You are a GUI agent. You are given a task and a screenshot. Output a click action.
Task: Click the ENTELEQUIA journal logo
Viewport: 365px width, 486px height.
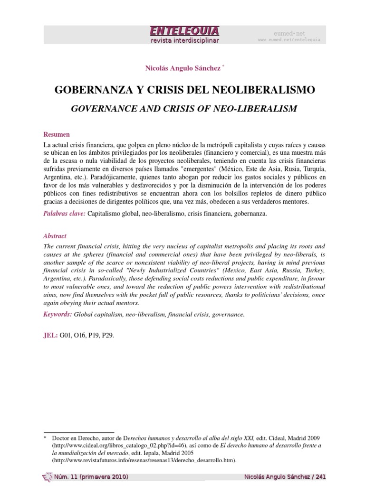184,31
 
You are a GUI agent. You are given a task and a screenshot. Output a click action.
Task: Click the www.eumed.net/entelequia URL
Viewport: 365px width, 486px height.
289,40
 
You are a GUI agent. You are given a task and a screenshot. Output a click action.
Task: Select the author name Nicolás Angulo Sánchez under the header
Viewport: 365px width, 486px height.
182,69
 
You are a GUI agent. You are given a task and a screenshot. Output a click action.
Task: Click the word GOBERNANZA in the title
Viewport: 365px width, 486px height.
90,91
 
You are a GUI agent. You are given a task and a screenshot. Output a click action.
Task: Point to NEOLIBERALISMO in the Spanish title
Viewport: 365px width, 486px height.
265,91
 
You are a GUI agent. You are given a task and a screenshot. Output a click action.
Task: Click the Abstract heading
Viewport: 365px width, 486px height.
55,236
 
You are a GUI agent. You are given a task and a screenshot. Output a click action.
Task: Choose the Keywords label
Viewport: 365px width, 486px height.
58,314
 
